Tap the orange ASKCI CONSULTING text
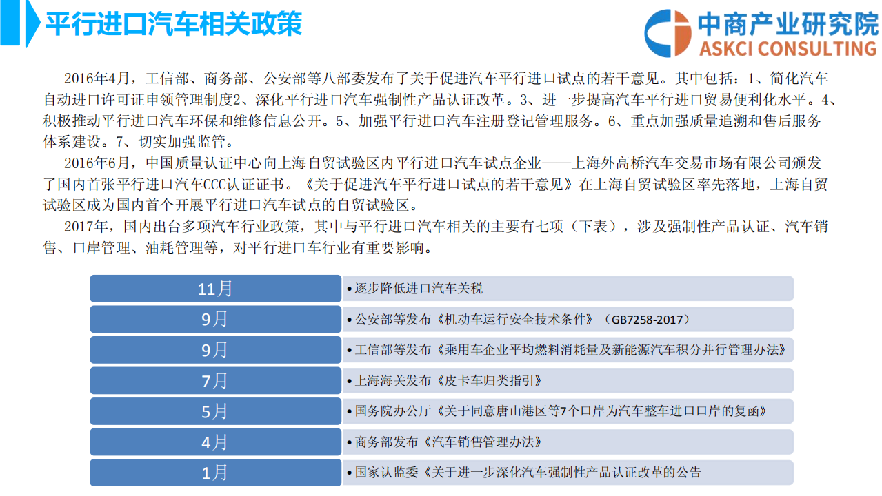tap(787, 48)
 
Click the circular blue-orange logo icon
tap(668, 33)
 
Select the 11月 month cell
tap(215, 289)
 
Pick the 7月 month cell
tap(215, 380)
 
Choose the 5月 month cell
tap(215, 411)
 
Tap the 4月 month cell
tap(215, 442)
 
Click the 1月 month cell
tap(215, 473)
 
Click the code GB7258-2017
tap(646, 320)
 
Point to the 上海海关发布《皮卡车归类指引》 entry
tap(448, 380)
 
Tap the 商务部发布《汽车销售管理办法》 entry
tap(448, 442)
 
